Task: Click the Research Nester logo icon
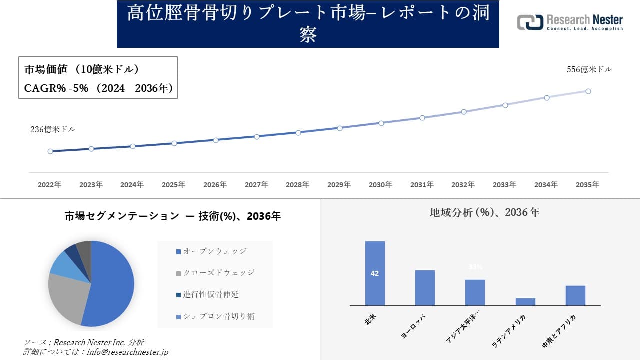click(x=530, y=22)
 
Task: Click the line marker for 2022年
click(x=50, y=151)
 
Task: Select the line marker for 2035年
click(x=588, y=91)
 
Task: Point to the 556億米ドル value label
click(x=589, y=70)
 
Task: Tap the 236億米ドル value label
click(x=53, y=129)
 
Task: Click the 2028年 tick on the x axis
click(x=298, y=185)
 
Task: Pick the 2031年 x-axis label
click(x=422, y=185)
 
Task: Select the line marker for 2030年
click(x=381, y=123)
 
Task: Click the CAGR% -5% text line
click(x=98, y=88)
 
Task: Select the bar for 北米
click(x=375, y=273)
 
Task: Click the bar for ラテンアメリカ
click(x=525, y=302)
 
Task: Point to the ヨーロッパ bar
click(x=425, y=288)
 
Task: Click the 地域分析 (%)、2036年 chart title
click(x=484, y=212)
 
